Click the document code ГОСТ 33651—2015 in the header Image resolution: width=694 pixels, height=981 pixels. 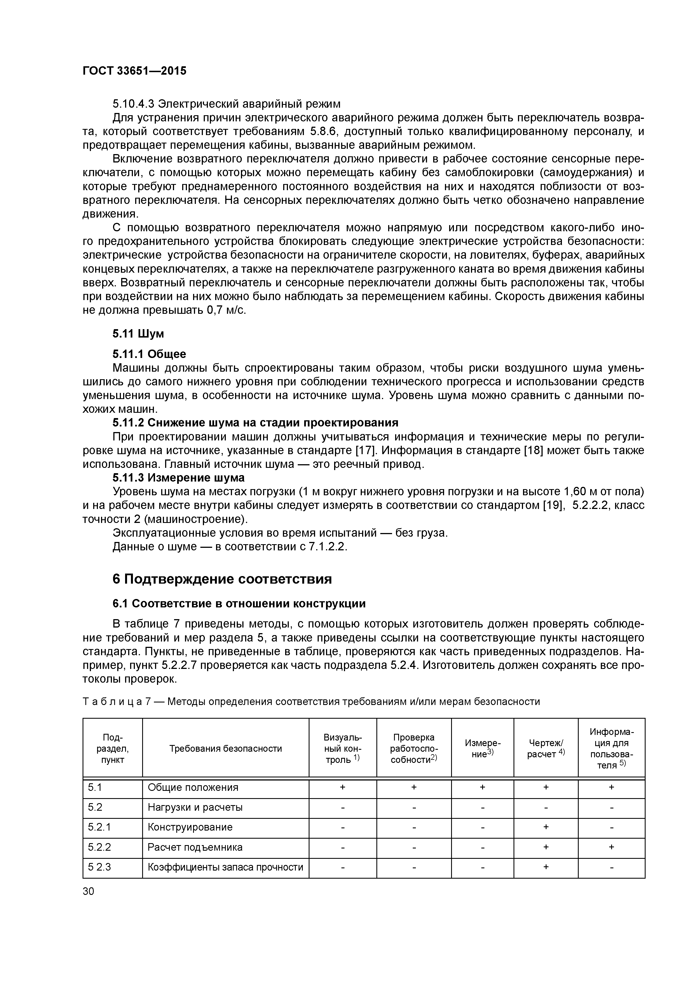(x=134, y=71)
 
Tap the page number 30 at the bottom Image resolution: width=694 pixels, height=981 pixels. (x=88, y=891)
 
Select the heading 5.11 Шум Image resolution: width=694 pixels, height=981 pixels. (x=138, y=333)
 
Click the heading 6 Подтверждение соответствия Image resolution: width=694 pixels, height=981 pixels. (x=222, y=579)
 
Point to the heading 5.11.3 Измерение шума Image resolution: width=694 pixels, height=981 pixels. (x=178, y=478)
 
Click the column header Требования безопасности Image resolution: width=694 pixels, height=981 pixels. (x=225, y=748)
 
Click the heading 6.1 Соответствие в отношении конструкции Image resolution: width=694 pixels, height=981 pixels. (x=239, y=603)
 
